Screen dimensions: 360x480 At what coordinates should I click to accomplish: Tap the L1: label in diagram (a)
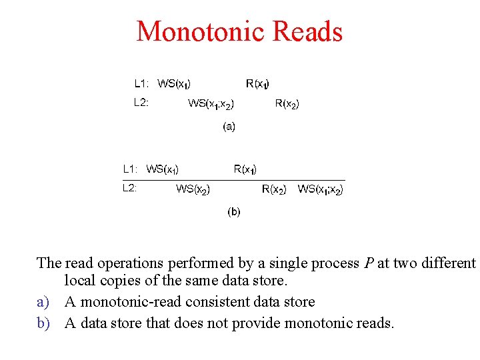point(141,83)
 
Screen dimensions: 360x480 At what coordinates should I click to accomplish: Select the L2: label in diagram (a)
point(141,103)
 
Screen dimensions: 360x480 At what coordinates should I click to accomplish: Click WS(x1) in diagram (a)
point(175,84)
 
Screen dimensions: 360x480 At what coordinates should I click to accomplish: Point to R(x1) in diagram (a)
point(258,84)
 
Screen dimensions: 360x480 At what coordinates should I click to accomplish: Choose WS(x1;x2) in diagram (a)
point(211,103)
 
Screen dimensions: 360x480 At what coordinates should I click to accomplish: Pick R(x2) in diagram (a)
point(287,103)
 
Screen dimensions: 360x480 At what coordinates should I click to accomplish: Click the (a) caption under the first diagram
point(229,126)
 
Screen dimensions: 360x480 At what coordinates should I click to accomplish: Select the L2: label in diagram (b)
point(130,188)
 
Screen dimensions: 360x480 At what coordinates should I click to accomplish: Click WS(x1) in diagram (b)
point(163,169)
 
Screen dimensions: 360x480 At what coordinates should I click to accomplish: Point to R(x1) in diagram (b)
point(245,169)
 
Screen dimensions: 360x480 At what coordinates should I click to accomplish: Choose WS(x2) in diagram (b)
point(193,189)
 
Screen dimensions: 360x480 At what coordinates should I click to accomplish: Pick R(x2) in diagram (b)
point(274,189)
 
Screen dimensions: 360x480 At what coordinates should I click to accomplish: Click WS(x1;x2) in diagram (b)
point(321,189)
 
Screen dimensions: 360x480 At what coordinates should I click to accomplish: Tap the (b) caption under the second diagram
point(234,212)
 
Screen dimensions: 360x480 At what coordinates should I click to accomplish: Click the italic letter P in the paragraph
point(369,263)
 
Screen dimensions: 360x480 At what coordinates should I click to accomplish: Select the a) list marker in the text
point(43,302)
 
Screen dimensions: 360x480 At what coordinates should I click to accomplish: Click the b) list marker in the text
point(43,323)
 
